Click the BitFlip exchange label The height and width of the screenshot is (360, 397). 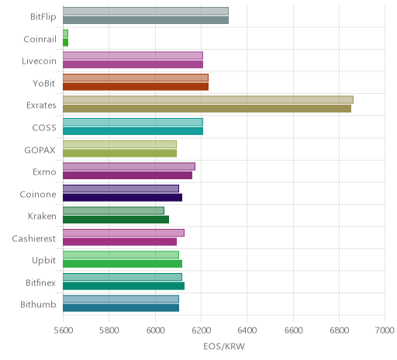tap(43, 17)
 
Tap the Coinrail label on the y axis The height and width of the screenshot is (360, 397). tap(40, 40)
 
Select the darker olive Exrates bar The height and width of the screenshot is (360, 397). tap(207, 109)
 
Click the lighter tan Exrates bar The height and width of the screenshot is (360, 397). tap(208, 100)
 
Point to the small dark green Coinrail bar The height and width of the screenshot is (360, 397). tap(65, 43)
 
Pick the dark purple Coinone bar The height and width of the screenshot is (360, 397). tap(123, 197)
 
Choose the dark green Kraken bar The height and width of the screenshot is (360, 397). tap(116, 220)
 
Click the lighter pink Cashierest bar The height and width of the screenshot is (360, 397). tap(123, 233)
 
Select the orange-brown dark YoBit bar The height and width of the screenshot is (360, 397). tap(136, 87)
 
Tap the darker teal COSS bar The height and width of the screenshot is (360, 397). tap(133, 131)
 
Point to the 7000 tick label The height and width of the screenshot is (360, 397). tap(385, 331)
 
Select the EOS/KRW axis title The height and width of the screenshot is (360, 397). tap(224, 346)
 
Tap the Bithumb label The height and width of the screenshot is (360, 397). tap(38, 305)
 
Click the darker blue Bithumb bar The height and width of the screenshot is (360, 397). tap(121, 308)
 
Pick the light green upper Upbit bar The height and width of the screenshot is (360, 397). tap(121, 255)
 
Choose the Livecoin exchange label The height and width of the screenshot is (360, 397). tap(39, 61)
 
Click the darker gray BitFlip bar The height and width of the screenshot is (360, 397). tap(146, 20)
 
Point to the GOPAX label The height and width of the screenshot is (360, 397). tap(40, 150)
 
